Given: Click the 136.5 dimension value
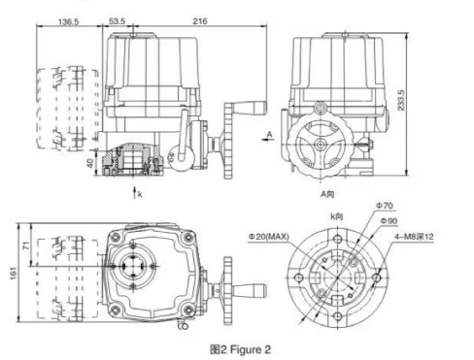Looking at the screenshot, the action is click(68, 21).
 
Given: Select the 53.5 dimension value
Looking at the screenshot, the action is click(117, 21).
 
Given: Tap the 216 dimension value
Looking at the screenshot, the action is click(200, 21).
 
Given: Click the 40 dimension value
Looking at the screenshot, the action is click(90, 163).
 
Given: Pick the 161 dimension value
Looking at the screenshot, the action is click(14, 274).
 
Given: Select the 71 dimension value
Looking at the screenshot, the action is click(26, 245).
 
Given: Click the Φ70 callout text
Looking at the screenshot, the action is click(385, 206).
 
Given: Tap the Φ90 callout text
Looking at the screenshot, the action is click(389, 221).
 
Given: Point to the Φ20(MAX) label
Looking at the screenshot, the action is click(268, 237).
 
